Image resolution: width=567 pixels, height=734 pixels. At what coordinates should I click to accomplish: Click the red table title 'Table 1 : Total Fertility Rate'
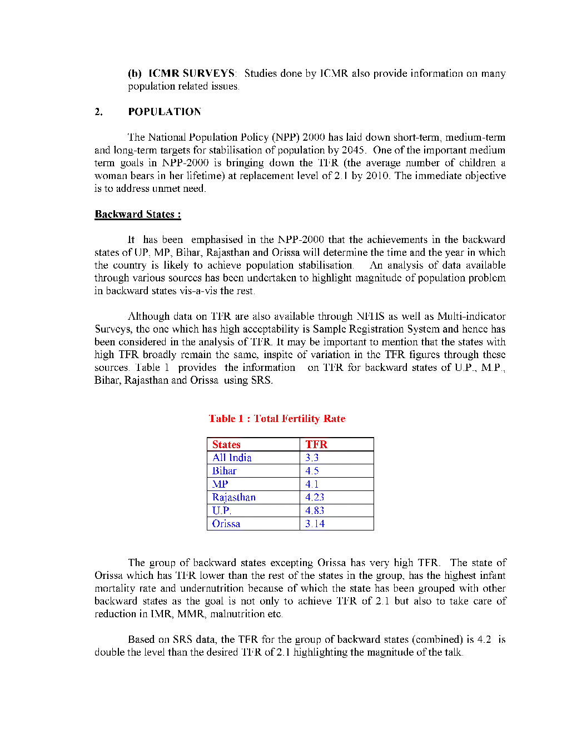pyautogui.click(x=277, y=419)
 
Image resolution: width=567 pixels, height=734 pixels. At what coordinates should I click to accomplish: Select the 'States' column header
pyautogui.click(x=226, y=444)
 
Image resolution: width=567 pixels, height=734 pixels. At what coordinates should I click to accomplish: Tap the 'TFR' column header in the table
pyautogui.click(x=316, y=444)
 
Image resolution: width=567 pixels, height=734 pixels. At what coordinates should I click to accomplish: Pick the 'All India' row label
pyautogui.click(x=232, y=458)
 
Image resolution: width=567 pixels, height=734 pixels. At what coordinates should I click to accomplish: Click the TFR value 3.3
pyautogui.click(x=312, y=458)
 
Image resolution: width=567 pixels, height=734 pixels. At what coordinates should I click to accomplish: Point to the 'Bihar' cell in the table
pyautogui.click(x=225, y=471)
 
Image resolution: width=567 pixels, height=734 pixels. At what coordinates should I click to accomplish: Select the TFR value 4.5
pyautogui.click(x=312, y=471)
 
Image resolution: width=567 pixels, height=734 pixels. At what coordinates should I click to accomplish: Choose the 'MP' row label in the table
pyautogui.click(x=220, y=484)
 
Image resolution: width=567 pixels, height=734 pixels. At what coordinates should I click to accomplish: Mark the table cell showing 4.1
pyautogui.click(x=312, y=484)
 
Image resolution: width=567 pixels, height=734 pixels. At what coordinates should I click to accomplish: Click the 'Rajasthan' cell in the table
pyautogui.click(x=234, y=497)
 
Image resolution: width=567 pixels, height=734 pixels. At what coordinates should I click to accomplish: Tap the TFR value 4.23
pyautogui.click(x=315, y=497)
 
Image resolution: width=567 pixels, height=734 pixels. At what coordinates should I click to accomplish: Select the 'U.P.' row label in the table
pyautogui.click(x=221, y=510)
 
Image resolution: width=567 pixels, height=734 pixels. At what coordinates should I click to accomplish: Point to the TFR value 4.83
pyautogui.click(x=315, y=510)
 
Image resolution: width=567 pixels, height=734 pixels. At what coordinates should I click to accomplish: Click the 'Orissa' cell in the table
pyautogui.click(x=226, y=524)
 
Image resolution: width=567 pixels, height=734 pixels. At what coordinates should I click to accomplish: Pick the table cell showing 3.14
pyautogui.click(x=315, y=524)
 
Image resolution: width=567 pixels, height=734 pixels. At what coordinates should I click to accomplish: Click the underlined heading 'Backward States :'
pyautogui.click(x=138, y=215)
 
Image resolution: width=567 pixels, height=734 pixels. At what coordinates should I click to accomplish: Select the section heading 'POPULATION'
pyautogui.click(x=165, y=112)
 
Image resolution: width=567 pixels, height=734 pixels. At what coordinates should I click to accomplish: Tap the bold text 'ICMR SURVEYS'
pyautogui.click(x=192, y=73)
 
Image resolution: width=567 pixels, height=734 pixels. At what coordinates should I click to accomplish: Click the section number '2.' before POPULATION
pyautogui.click(x=99, y=112)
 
